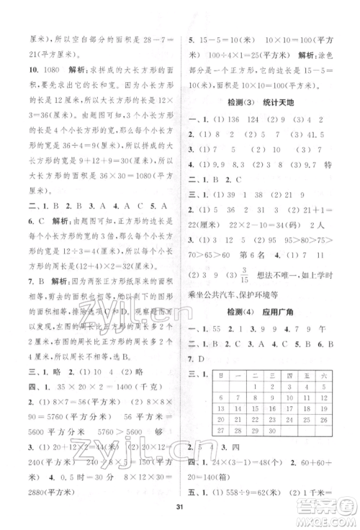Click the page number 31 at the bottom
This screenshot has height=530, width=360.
(x=180, y=511)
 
